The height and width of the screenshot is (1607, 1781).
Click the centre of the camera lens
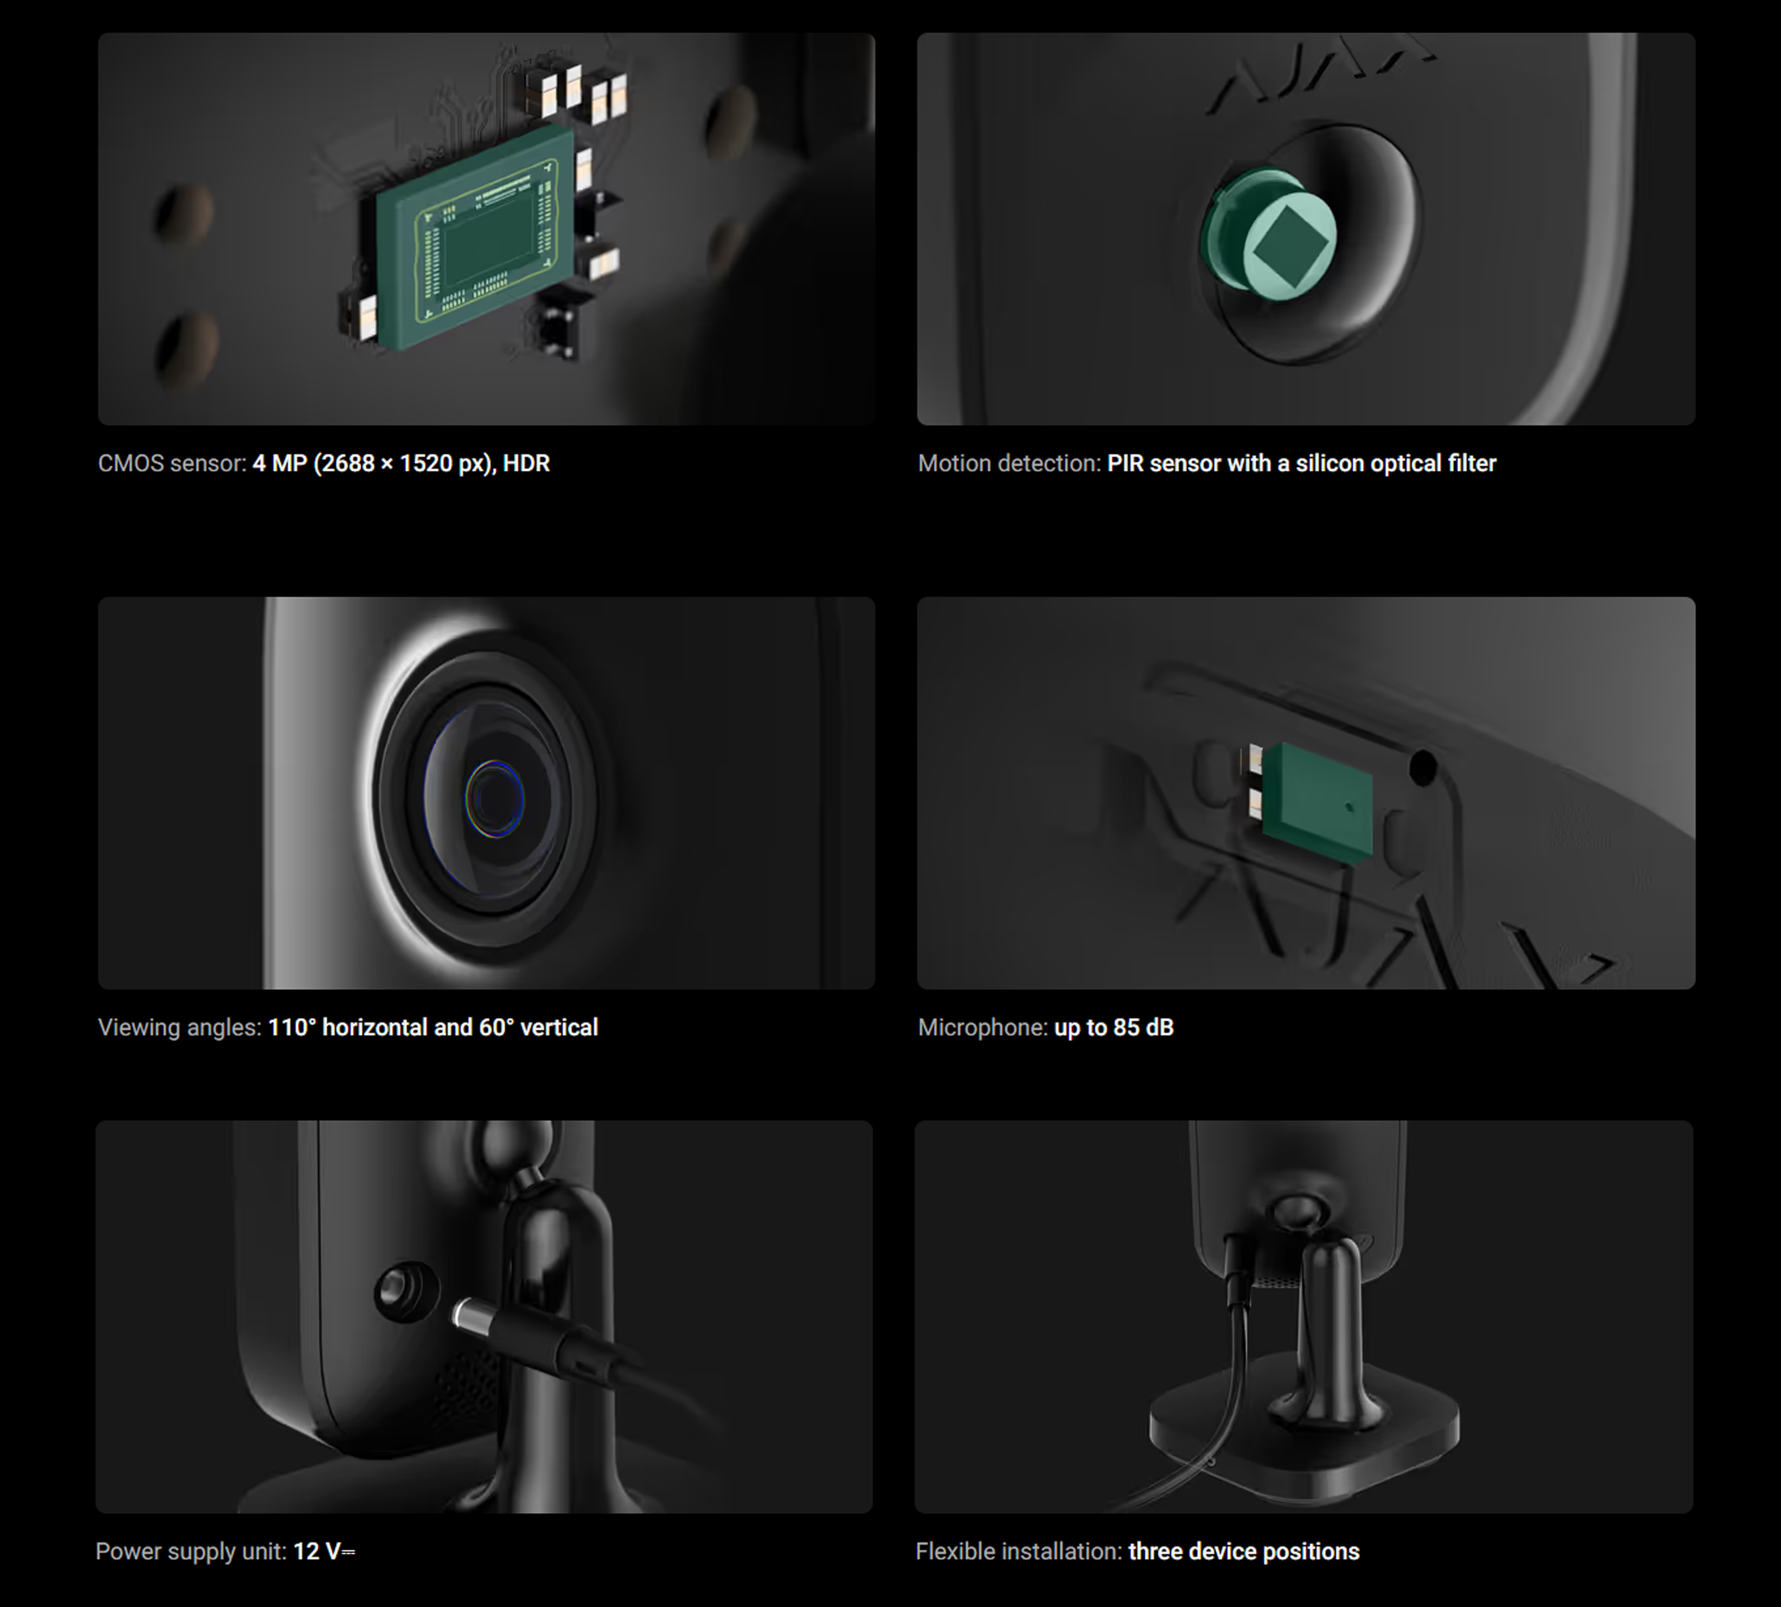[494, 798]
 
